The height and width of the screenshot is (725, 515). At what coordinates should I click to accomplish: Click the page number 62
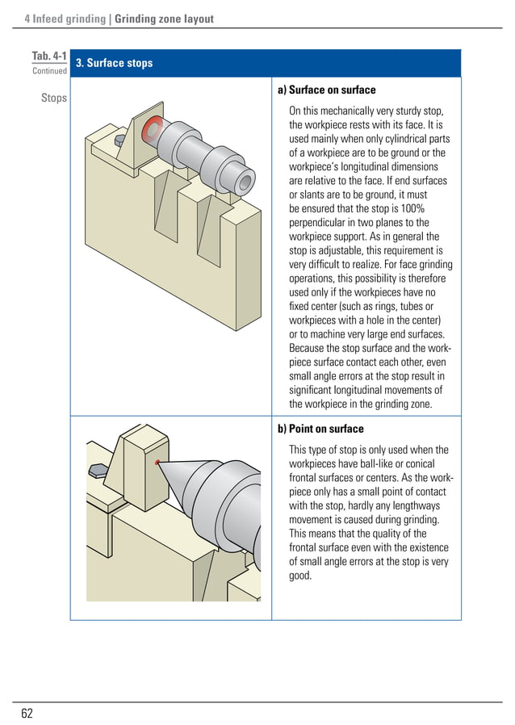pyautogui.click(x=27, y=713)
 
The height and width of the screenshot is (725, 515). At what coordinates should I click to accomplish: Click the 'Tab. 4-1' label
pyautogui.click(x=48, y=56)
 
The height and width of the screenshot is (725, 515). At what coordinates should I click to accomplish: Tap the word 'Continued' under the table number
pyautogui.click(x=49, y=71)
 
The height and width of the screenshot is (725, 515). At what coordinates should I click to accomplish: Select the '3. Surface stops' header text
pyautogui.click(x=114, y=63)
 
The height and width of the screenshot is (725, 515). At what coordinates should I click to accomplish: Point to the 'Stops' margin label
pyautogui.click(x=55, y=98)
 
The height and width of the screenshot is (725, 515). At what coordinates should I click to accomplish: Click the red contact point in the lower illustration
pyautogui.click(x=157, y=463)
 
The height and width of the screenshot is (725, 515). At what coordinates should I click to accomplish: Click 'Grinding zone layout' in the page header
pyautogui.click(x=165, y=19)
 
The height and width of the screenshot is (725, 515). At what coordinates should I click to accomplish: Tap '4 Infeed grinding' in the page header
pyautogui.click(x=65, y=19)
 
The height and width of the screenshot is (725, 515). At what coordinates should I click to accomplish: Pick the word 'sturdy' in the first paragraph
pyautogui.click(x=416, y=111)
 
